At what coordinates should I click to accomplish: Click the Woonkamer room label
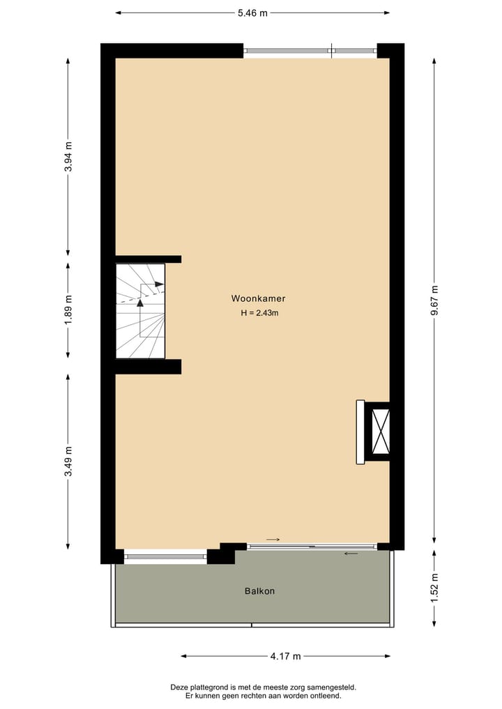pos(258,298)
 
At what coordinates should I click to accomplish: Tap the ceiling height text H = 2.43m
pos(259,313)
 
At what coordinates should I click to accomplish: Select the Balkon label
pos(259,591)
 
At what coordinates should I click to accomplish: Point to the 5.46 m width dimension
pos(252,13)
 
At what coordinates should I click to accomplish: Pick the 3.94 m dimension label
pos(68,157)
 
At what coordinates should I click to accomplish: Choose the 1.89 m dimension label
pos(68,310)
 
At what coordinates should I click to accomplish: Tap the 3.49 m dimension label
pos(68,461)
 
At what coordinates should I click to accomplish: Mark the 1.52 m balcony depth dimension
pos(434,587)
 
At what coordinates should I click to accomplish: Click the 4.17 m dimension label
pos(285,656)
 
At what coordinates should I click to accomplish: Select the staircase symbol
pos(140,310)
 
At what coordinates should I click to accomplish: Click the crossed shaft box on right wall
pos(381,432)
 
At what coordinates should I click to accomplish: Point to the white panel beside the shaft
pos(360,432)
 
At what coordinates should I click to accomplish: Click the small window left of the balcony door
pos(165,556)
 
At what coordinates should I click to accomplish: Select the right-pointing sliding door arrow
pos(273,540)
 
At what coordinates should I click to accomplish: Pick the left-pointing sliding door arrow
pos(351,554)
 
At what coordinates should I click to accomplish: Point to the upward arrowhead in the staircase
pos(140,303)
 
